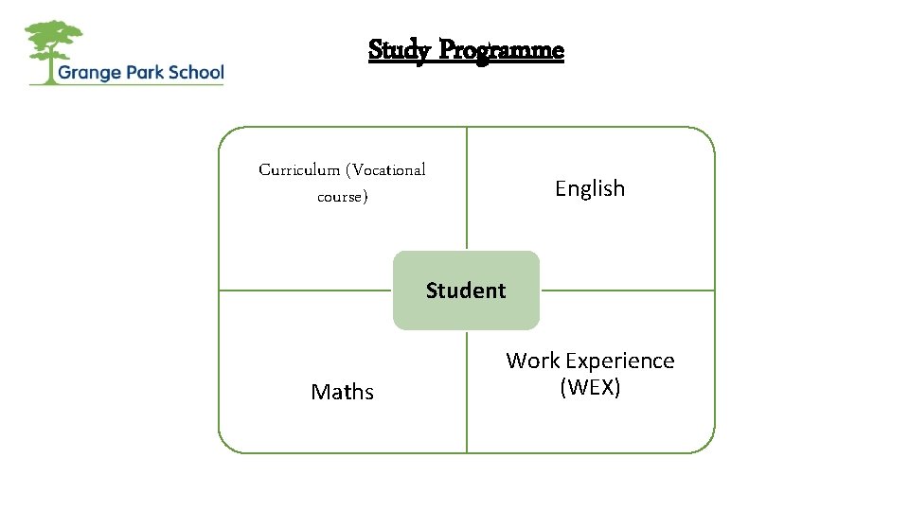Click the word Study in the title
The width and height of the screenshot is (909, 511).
(397, 49)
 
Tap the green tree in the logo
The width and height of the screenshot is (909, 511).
(54, 42)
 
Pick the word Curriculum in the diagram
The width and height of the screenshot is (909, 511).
(298, 170)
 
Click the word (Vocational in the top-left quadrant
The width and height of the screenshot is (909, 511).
(386, 170)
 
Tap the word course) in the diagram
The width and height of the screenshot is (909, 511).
(342, 198)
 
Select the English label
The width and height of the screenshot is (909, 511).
(590, 188)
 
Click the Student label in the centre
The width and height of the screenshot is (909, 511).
(466, 291)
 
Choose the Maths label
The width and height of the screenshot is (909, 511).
(342, 392)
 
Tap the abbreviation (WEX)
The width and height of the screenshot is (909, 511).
(590, 387)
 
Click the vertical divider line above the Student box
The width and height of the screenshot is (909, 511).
(467, 189)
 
